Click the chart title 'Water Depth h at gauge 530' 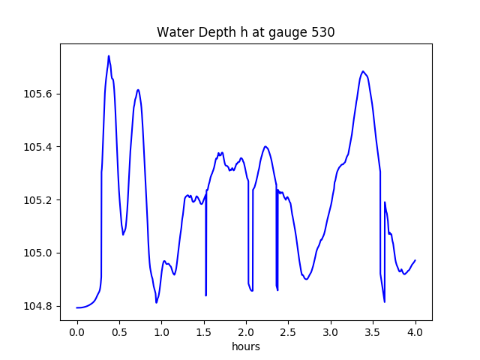245,32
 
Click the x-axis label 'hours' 246,347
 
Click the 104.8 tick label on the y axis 40,306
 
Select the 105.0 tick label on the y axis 40,253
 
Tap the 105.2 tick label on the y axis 40,200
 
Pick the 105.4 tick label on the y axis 40,147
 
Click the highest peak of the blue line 109,55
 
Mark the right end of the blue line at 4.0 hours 415,260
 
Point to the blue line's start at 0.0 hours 77,307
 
